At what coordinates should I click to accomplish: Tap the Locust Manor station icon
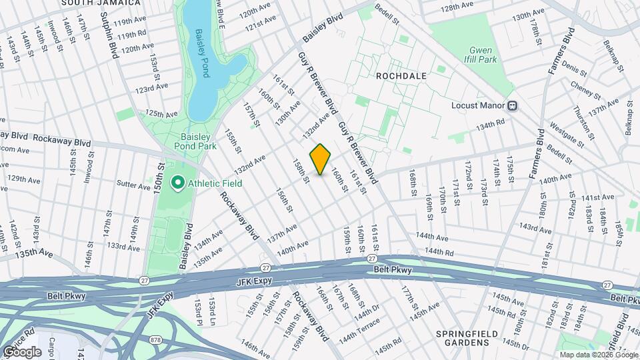click(513, 105)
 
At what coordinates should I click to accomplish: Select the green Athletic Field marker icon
click(178, 183)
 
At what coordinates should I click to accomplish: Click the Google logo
click(22, 351)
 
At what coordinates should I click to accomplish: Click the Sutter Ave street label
click(135, 187)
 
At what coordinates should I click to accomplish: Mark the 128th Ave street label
click(457, 5)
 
